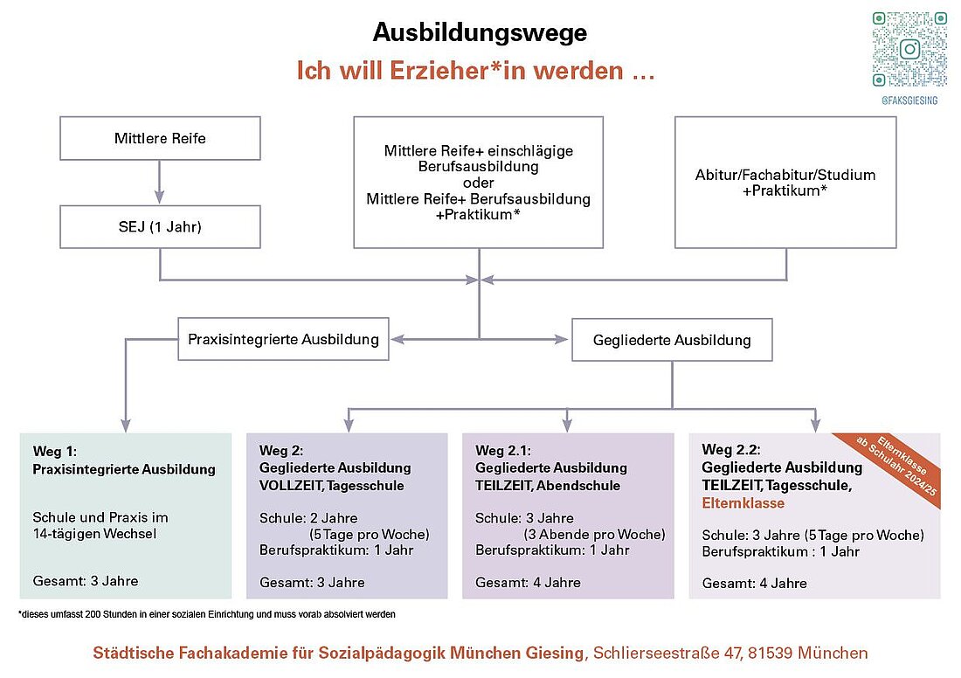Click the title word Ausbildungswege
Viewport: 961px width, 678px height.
click(480, 32)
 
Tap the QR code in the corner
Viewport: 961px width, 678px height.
click(909, 50)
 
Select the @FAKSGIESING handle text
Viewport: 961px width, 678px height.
click(909, 100)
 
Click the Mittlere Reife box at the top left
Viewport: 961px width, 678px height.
click(160, 139)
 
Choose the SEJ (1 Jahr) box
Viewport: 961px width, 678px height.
click(160, 227)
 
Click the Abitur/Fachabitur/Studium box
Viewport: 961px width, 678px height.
click(785, 183)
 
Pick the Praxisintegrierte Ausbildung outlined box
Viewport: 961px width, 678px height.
click(283, 339)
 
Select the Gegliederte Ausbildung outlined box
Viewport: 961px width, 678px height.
click(672, 340)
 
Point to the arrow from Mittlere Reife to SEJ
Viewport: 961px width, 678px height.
click(159, 182)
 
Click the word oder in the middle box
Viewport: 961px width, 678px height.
click(478, 183)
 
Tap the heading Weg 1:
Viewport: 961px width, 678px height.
click(54, 452)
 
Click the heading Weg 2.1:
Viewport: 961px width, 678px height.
click(503, 451)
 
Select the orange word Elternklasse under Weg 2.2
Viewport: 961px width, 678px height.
click(743, 503)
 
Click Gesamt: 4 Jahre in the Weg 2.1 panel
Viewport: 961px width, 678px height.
click(528, 583)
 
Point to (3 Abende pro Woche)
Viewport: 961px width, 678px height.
click(594, 535)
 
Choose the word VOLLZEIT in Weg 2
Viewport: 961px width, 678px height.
click(290, 486)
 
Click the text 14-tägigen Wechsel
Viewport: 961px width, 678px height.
click(94, 534)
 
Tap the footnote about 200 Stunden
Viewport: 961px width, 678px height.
click(207, 614)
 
